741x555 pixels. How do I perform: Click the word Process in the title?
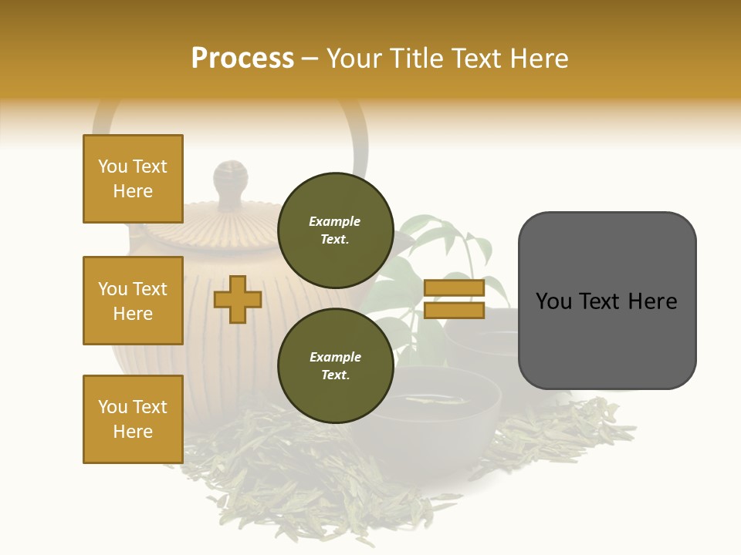pos(242,59)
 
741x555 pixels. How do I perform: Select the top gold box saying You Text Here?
pos(133,179)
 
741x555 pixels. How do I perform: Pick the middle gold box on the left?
pos(133,301)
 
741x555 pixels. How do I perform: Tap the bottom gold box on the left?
pos(133,419)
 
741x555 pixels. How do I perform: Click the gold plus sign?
pos(238,299)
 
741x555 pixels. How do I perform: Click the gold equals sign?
pos(454,299)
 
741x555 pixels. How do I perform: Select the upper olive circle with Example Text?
pos(335,230)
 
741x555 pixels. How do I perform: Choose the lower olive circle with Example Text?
pos(335,365)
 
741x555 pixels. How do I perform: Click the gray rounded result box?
pos(607,301)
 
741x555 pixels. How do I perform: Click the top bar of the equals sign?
pos(454,288)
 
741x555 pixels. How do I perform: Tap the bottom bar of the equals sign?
pos(454,311)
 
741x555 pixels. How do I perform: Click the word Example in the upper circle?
pos(334,221)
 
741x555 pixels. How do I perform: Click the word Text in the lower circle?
pos(334,375)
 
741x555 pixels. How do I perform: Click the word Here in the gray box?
pos(653,301)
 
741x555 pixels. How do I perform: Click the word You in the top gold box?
pos(113,166)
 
